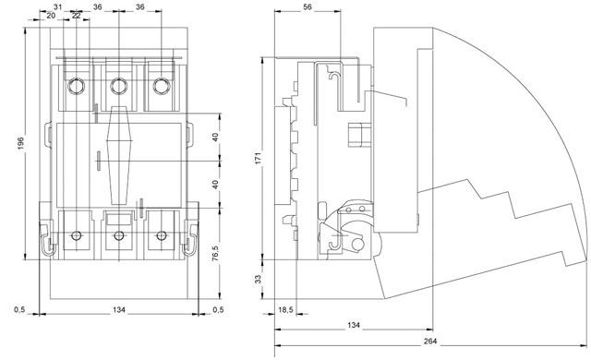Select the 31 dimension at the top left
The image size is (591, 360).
tap(57, 7)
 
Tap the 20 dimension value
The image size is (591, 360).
tap(51, 17)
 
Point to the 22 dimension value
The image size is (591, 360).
tap(76, 17)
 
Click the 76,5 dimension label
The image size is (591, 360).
tap(215, 255)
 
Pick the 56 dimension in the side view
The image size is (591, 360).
tap(308, 7)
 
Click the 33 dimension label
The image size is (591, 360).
tap(259, 280)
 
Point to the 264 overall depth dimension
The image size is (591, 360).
tap(431, 342)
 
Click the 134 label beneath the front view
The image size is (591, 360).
tap(118, 309)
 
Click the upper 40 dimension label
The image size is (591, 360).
tap(215, 138)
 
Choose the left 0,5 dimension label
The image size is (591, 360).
tap(19, 309)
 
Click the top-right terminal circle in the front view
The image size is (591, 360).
tap(162, 87)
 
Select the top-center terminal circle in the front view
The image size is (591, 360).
tap(118, 87)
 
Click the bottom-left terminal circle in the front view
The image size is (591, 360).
tap(75, 235)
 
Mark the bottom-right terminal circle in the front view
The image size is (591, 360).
tap(162, 235)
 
